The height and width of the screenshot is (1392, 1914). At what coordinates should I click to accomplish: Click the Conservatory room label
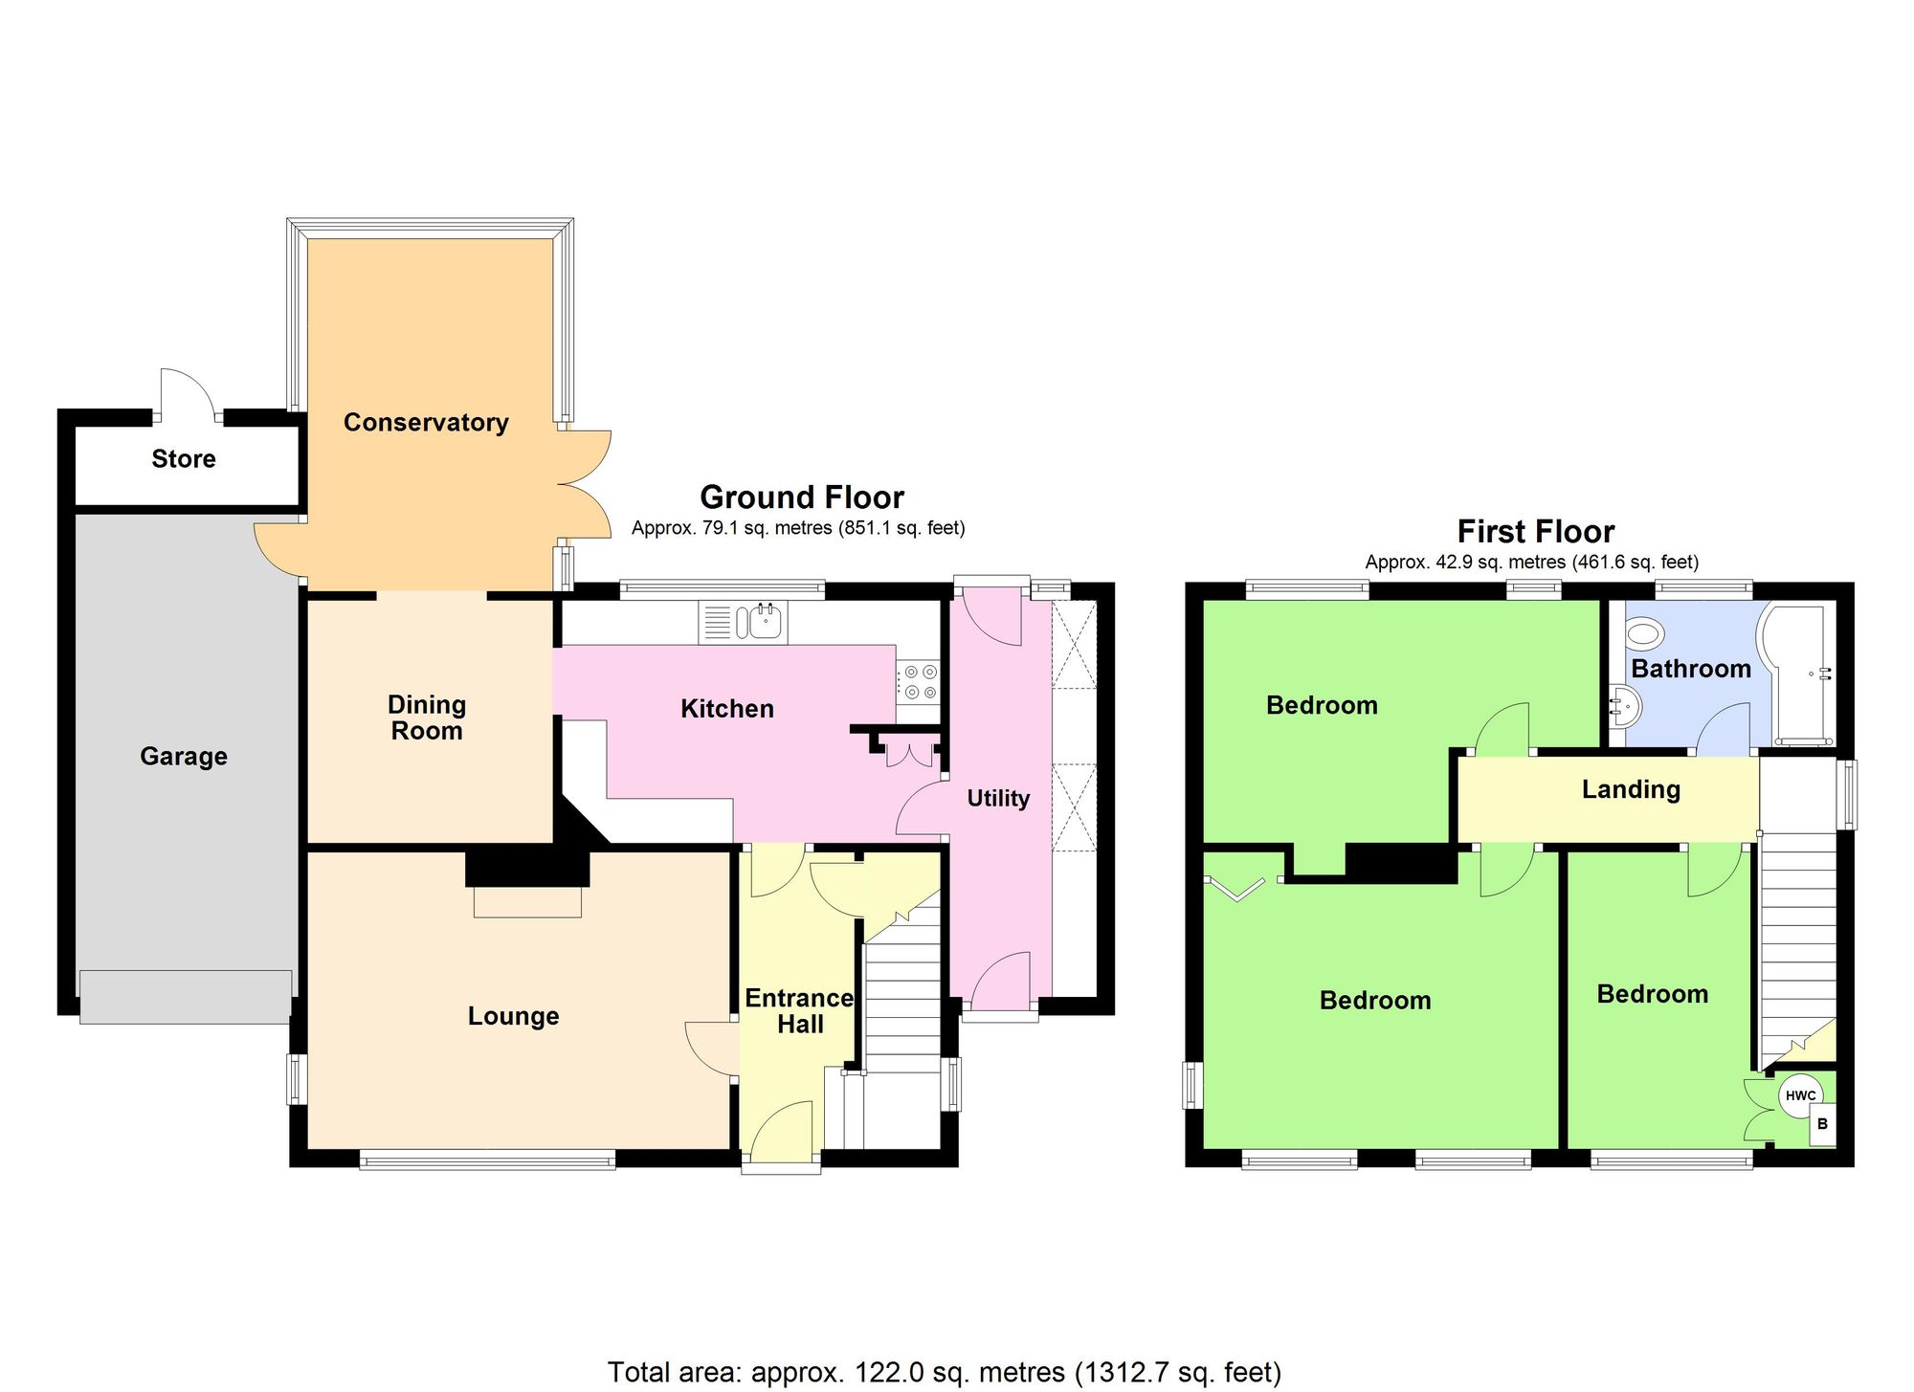[426, 422]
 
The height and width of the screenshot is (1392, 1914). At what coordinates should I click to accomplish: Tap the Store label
[184, 459]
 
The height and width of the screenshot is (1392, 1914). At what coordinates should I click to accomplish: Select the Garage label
[184, 757]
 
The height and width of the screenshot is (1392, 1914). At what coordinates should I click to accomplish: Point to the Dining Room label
[427, 718]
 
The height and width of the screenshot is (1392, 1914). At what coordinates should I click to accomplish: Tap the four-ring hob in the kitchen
[920, 682]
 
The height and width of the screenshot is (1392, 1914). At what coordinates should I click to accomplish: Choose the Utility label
[998, 799]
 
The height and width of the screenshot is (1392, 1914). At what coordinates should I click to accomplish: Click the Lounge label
[513, 1016]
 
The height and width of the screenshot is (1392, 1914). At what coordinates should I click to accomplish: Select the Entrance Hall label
[800, 1011]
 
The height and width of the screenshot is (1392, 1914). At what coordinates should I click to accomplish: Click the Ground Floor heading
[802, 497]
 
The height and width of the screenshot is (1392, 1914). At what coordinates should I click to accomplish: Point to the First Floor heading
[1536, 532]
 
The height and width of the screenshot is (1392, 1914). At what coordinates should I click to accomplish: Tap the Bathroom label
[1691, 669]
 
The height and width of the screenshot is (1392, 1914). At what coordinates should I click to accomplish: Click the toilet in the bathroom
[1644, 632]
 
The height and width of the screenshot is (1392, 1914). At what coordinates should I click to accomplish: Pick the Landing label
[1631, 789]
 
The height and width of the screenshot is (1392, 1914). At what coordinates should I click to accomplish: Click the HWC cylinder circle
[1800, 1095]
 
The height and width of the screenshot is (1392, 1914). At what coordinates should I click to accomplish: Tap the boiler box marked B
[1822, 1124]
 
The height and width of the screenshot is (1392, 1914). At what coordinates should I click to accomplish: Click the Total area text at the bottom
[944, 1373]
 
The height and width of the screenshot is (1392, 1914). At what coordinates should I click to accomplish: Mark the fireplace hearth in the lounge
[527, 902]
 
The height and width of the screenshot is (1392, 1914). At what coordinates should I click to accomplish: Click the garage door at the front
[186, 997]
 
